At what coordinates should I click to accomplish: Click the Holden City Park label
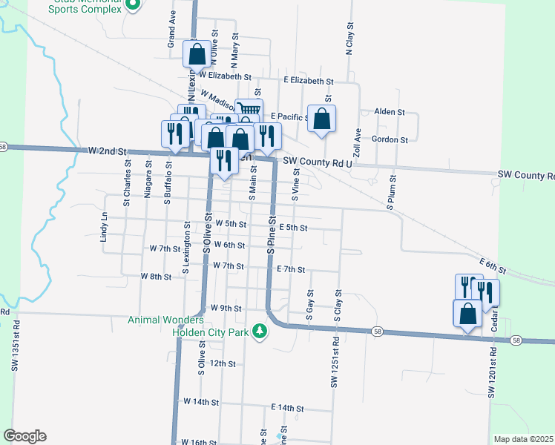[210, 332]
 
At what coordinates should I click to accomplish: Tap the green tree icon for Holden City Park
[259, 331]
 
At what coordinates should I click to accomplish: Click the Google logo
[24, 436]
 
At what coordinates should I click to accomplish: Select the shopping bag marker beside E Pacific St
[321, 119]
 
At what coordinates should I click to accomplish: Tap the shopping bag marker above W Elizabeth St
[197, 53]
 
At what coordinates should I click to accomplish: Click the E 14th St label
[288, 408]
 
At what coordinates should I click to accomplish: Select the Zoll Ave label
[357, 142]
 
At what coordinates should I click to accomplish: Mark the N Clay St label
[348, 39]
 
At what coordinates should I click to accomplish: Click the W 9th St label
[226, 308]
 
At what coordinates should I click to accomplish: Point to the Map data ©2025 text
[522, 439]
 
